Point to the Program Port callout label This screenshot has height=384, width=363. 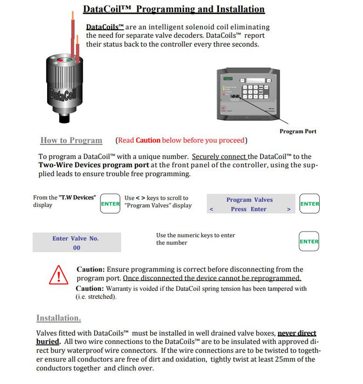[298, 131]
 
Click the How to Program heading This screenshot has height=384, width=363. [71, 140]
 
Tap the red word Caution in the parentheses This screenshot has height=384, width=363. [148, 140]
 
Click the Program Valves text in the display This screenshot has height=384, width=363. [249, 200]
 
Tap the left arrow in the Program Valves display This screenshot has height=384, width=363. [212, 210]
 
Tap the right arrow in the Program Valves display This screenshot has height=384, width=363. [288, 210]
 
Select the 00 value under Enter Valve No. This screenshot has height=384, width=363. [76, 248]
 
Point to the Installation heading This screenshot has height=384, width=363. [59, 318]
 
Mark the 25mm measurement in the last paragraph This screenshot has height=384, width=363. [270, 359]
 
